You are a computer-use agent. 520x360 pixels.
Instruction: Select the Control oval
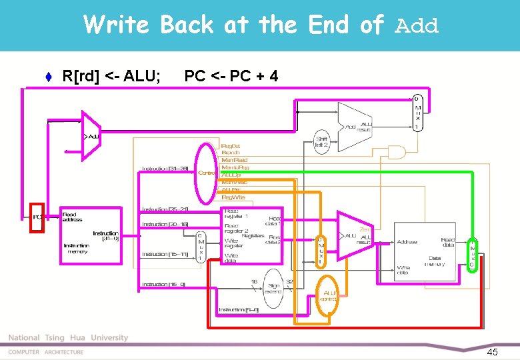pyautogui.click(x=207, y=173)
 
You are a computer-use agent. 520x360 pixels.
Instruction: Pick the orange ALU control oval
pyautogui.click(x=327, y=295)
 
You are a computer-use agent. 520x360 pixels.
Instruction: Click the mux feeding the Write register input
pyautogui.click(x=199, y=247)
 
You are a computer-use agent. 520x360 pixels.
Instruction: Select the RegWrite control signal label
pyautogui.click(x=233, y=197)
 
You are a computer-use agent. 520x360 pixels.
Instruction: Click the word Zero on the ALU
pyautogui.click(x=367, y=230)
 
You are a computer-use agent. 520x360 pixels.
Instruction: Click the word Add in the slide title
pyautogui.click(x=417, y=27)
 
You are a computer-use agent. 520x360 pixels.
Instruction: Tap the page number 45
pyautogui.click(x=493, y=351)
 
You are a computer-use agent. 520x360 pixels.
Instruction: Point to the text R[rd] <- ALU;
pyautogui.click(x=111, y=76)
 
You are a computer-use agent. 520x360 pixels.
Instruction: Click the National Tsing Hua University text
pyautogui.click(x=68, y=338)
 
